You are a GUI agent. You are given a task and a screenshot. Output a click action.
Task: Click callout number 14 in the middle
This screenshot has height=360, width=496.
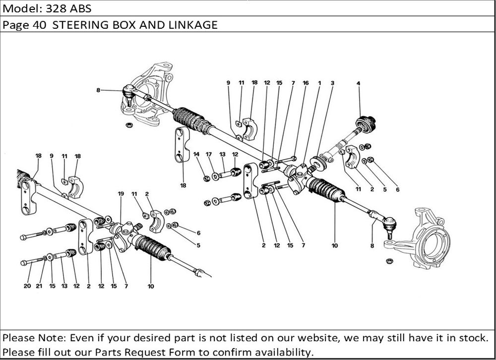(x=196, y=154)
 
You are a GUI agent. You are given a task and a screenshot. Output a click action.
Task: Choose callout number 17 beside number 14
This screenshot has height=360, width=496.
(x=209, y=154)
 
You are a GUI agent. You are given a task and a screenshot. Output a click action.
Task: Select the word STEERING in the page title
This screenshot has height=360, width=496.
(x=79, y=25)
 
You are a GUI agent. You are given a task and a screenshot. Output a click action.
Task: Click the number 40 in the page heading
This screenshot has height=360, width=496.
(x=40, y=25)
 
